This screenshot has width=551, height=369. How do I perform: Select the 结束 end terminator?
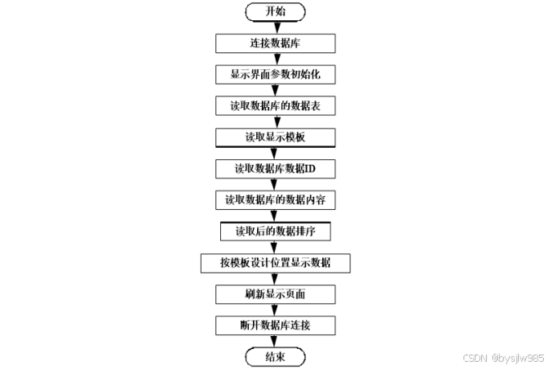pyautogui.click(x=275, y=355)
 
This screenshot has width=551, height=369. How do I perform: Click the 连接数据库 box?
pyautogui.click(x=275, y=43)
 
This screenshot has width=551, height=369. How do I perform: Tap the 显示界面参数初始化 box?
pyautogui.click(x=275, y=74)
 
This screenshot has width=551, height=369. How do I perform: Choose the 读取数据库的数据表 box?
pyautogui.click(x=275, y=105)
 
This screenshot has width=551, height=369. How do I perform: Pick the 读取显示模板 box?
pyautogui.click(x=275, y=137)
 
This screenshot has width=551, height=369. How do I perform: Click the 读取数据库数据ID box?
pyautogui.click(x=275, y=168)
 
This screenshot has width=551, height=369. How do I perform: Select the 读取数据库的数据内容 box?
pyautogui.click(x=275, y=199)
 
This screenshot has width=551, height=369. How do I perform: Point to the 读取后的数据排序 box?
pyautogui.click(x=275, y=231)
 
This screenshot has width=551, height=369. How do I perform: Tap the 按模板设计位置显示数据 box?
pyautogui.click(x=275, y=263)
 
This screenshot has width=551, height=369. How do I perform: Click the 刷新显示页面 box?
pyautogui.click(x=275, y=294)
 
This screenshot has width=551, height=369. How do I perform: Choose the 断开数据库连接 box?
pyautogui.click(x=275, y=326)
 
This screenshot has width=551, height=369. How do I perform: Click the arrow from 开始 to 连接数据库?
pyautogui.click(x=275, y=27)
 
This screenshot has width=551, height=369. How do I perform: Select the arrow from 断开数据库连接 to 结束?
pyautogui.click(x=275, y=341)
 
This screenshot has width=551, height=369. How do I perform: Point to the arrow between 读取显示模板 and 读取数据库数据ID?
pyautogui.click(x=275, y=153)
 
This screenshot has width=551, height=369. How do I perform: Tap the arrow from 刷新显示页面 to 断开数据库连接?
pyautogui.click(x=275, y=310)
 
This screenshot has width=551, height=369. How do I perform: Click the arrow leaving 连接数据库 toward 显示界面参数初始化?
pyautogui.click(x=275, y=59)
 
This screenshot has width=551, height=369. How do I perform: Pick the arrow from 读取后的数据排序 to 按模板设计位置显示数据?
pyautogui.click(x=275, y=247)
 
